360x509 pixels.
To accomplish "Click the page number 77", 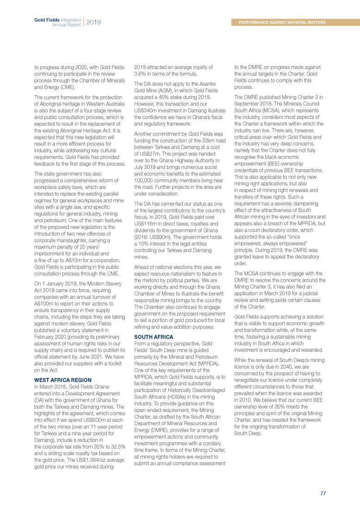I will (x=323, y=493).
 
